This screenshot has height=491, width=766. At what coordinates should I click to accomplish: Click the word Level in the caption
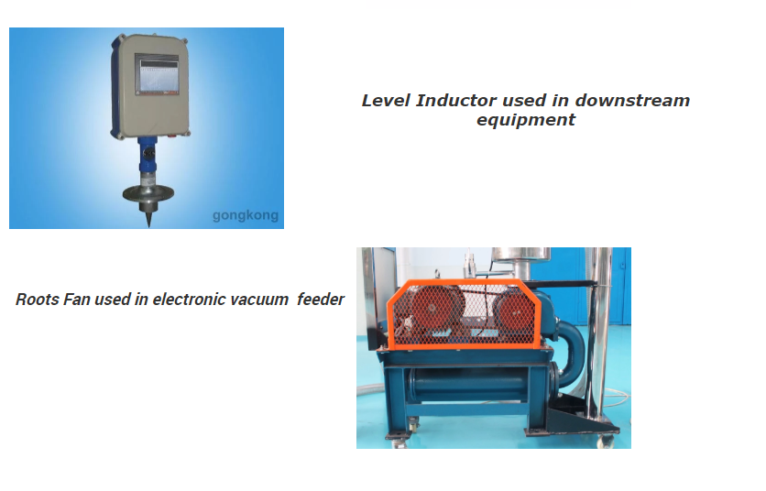(386, 101)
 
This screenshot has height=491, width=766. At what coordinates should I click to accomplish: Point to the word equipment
(525, 120)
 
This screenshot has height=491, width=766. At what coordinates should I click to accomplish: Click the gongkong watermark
(245, 217)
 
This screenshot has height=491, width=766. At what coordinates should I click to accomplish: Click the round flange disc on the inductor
(147, 194)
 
